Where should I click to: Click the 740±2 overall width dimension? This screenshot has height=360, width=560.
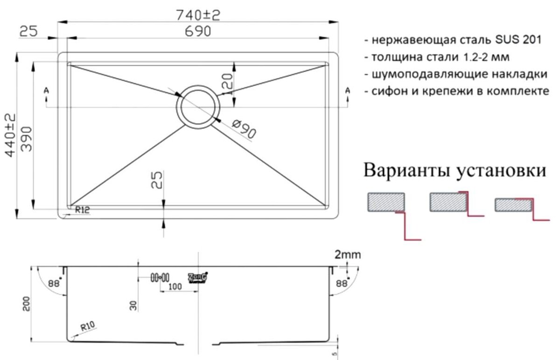click(198, 15)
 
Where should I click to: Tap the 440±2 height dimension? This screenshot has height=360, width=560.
click(10, 136)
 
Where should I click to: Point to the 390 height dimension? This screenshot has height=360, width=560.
click(26, 139)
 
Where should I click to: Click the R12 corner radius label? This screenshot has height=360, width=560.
click(82, 211)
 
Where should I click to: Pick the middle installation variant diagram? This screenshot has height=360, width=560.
click(455, 203)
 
